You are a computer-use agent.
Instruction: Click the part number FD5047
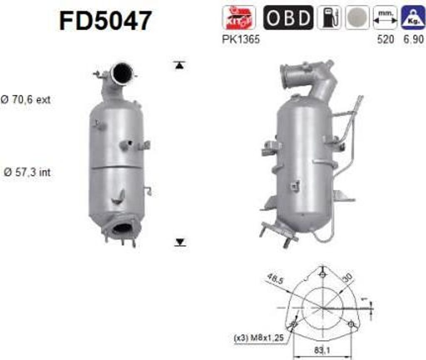[x=106, y=21]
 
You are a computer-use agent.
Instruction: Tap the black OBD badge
[x=288, y=17]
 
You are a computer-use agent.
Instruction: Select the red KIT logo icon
[x=239, y=17]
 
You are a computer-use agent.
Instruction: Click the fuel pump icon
[x=329, y=17]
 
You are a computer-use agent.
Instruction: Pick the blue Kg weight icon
[x=413, y=17]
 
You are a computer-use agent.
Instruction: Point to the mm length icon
[x=385, y=17]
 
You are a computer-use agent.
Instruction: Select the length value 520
[x=385, y=40]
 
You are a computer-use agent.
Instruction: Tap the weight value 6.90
[x=413, y=40]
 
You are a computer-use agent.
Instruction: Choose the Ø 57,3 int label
[x=27, y=172]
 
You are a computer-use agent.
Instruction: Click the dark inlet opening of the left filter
[x=123, y=73]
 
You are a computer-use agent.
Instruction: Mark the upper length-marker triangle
[x=179, y=65]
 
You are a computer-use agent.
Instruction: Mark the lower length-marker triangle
[x=180, y=242]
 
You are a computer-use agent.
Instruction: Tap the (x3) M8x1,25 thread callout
[x=259, y=338]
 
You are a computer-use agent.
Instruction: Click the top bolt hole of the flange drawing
[x=323, y=274]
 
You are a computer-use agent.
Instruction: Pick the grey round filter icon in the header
[x=357, y=17]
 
